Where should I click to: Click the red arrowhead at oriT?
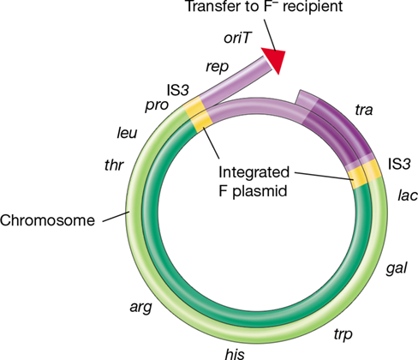[x=275, y=59]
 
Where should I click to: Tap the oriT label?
[x=237, y=38]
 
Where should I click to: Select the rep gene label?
[x=217, y=67]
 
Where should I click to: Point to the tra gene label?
[x=364, y=110]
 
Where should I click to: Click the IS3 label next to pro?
[x=177, y=90]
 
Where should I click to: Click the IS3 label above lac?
[x=399, y=164]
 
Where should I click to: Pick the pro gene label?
[x=157, y=106]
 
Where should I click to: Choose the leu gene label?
[x=127, y=133]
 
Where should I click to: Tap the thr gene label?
[x=114, y=165]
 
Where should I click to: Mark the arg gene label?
[x=140, y=308]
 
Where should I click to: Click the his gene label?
[x=235, y=354]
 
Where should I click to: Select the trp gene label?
[x=343, y=335]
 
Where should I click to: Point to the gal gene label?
[x=397, y=268]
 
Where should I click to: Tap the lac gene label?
[x=408, y=195]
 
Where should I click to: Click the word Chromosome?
[x=47, y=220]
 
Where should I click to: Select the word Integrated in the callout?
[x=254, y=172]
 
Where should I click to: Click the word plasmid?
[x=260, y=191]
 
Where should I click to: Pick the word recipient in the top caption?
[x=313, y=6]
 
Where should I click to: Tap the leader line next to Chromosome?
[x=116, y=216]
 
